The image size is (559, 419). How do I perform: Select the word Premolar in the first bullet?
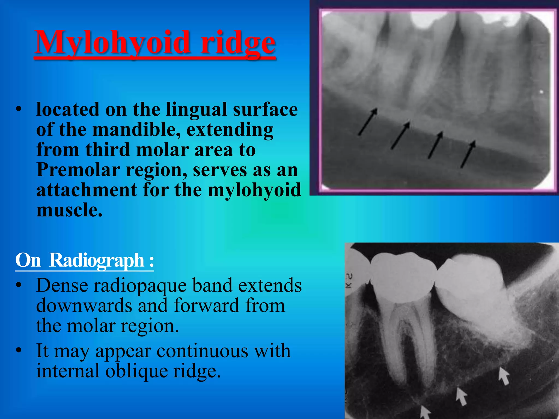(78, 170)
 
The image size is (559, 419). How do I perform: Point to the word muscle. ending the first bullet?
(69, 211)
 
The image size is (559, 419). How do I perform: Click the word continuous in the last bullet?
(202, 351)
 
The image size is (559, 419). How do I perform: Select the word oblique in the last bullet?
(136, 372)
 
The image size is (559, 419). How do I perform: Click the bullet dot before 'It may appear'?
(19, 350)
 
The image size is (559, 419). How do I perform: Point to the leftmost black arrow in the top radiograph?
(368, 121)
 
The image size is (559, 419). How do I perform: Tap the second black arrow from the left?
(400, 135)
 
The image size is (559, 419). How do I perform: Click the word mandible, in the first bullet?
(136, 130)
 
